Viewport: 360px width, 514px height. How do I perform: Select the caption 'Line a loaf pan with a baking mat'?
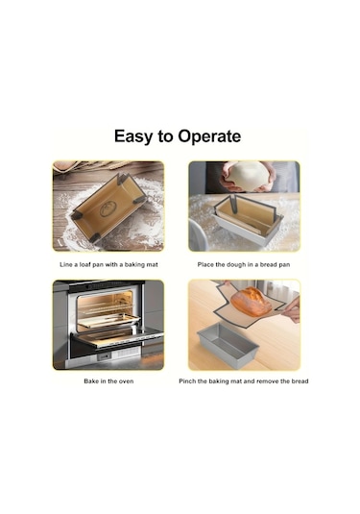click(x=108, y=264)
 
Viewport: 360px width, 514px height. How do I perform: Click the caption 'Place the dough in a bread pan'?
click(x=244, y=264)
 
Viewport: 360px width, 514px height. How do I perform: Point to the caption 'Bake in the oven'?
click(x=108, y=380)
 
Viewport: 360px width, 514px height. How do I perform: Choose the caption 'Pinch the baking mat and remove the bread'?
click(x=244, y=381)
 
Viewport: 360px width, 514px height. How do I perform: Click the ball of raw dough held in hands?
click(x=248, y=176)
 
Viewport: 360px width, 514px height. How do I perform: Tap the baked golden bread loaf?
click(x=251, y=302)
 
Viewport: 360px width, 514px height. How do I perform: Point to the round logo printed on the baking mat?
click(x=108, y=208)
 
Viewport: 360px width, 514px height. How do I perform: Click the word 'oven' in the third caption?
click(x=126, y=380)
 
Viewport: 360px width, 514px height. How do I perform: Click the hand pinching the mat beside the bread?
click(x=292, y=309)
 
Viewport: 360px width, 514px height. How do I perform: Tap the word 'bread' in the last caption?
click(x=300, y=381)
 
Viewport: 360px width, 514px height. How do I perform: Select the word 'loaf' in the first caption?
click(x=85, y=264)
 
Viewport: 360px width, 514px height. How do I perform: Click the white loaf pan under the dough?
click(x=249, y=229)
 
